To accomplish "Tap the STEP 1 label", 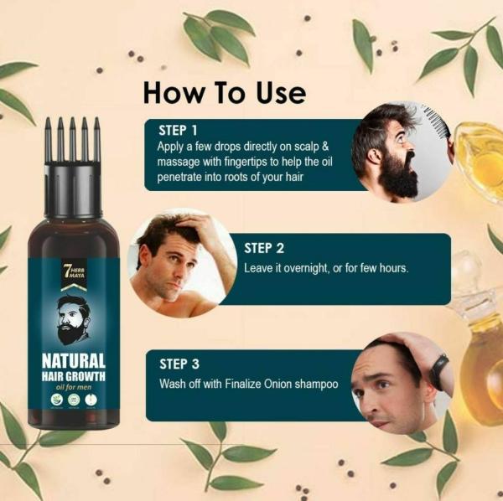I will [x=178, y=130].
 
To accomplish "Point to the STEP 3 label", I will [x=179, y=364].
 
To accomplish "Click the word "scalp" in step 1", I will [x=314, y=146].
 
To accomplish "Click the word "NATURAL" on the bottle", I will [x=74, y=361].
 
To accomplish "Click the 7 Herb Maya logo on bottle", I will [x=74, y=272].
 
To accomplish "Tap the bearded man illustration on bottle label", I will [x=74, y=318].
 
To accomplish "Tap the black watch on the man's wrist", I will [x=438, y=371].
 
